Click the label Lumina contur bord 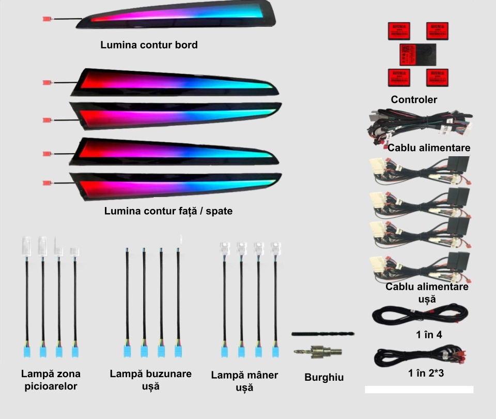pyautogui.click(x=149, y=45)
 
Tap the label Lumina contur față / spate pyautogui.click(x=168, y=211)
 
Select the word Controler pyautogui.click(x=414, y=99)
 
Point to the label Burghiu pyautogui.click(x=324, y=378)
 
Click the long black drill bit pyautogui.click(x=323, y=334)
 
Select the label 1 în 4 pyautogui.click(x=429, y=335)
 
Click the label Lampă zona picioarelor pyautogui.click(x=51, y=380)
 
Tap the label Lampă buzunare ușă pyautogui.click(x=151, y=380)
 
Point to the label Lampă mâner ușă pyautogui.click(x=244, y=381)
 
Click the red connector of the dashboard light pyautogui.click(x=47, y=19)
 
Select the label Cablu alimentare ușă pyautogui.click(x=427, y=292)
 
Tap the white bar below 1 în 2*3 pyautogui.click(x=419, y=390)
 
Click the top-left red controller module pyautogui.click(x=398, y=31)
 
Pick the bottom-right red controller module pyautogui.click(x=437, y=78)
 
